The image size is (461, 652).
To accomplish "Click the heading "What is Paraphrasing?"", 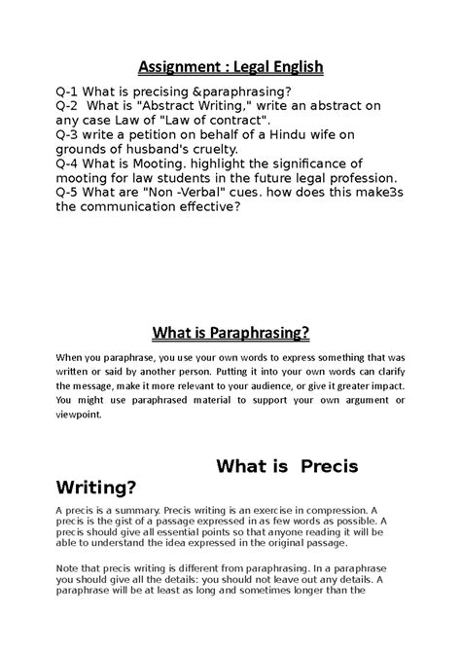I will pos(230,334).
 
